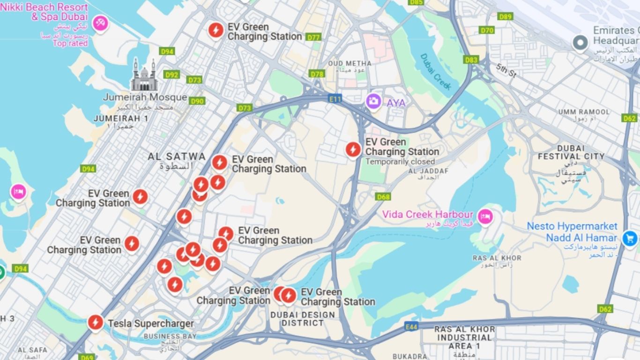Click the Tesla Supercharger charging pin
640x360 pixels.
point(96,322)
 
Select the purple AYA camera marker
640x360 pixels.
point(373,101)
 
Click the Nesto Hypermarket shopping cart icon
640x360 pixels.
point(629,239)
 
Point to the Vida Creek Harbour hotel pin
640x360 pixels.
point(485,216)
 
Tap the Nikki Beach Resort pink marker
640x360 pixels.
point(100,22)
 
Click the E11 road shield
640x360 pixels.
point(335,98)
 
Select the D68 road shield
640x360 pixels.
point(383,197)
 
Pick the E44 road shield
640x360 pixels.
point(411,326)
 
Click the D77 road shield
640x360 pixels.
point(313,37)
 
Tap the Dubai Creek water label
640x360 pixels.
point(436,72)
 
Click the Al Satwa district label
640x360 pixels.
point(177,157)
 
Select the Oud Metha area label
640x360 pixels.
point(350,64)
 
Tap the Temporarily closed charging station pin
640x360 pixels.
point(353,150)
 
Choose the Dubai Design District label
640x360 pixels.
point(303,319)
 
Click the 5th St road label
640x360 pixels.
point(506,70)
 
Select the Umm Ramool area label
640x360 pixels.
point(584,112)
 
